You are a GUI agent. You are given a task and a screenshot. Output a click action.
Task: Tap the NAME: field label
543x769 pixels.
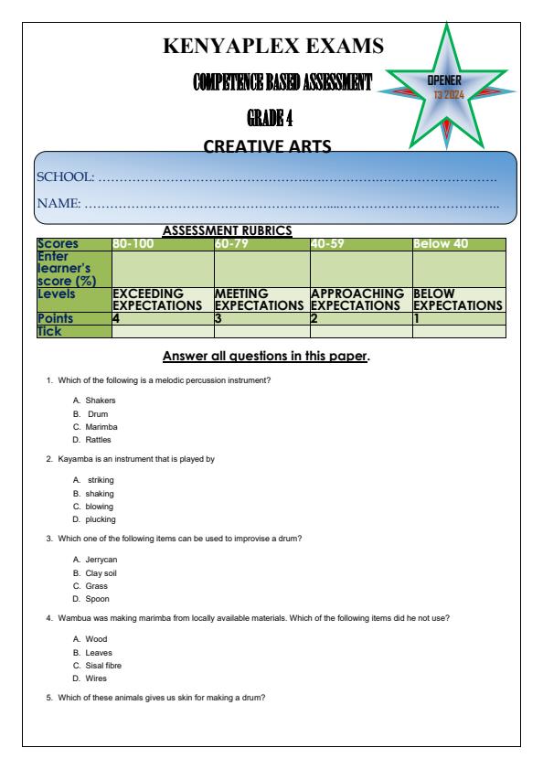58,202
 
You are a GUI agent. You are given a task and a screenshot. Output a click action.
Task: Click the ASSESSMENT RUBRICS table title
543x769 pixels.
227,231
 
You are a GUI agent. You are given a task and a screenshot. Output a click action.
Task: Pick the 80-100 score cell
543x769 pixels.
133,244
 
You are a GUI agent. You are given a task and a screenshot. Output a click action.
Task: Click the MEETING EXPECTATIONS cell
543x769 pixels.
261,299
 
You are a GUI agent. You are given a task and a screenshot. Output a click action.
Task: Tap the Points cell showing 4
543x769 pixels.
116,318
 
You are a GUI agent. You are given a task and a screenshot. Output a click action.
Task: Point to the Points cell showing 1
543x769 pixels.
417,318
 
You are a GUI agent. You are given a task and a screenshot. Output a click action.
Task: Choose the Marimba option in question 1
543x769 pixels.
101,426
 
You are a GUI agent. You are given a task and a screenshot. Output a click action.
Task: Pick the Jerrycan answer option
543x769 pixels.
101,560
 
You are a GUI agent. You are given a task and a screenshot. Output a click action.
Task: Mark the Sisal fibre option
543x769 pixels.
103,666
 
